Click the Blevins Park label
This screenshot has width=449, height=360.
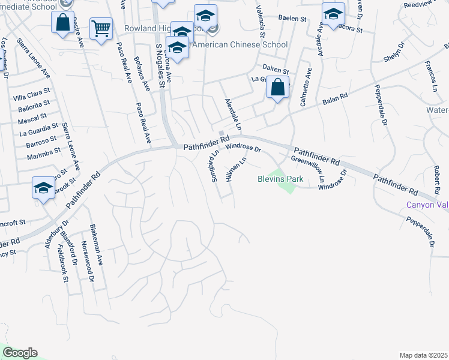point(280,179)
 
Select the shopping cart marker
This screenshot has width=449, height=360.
point(101,28)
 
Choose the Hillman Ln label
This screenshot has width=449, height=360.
point(236,170)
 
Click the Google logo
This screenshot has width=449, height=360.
point(20,352)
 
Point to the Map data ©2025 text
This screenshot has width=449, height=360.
point(423,355)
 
